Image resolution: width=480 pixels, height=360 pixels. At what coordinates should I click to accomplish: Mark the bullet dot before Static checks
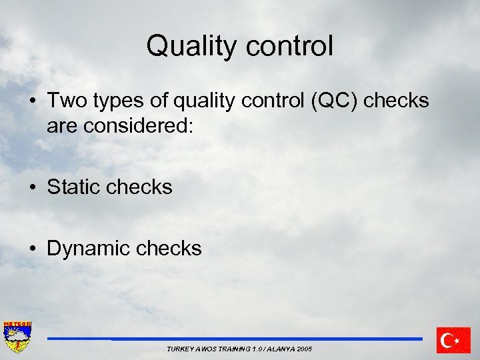click(x=33, y=188)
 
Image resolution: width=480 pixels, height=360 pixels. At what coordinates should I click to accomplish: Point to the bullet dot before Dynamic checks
click(x=33, y=249)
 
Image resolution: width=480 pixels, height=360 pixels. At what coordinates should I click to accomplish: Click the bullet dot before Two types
click(x=33, y=101)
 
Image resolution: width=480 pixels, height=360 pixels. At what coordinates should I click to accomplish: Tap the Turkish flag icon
click(x=453, y=340)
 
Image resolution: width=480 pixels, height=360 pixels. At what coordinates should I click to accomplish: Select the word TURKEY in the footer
click(x=179, y=349)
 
